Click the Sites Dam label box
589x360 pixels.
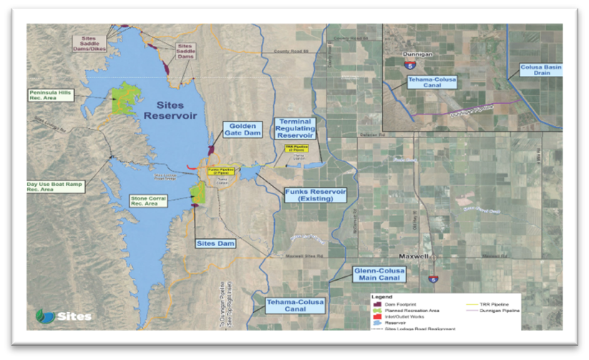(x=215, y=243)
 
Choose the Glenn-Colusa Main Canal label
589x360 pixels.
(x=380, y=274)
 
